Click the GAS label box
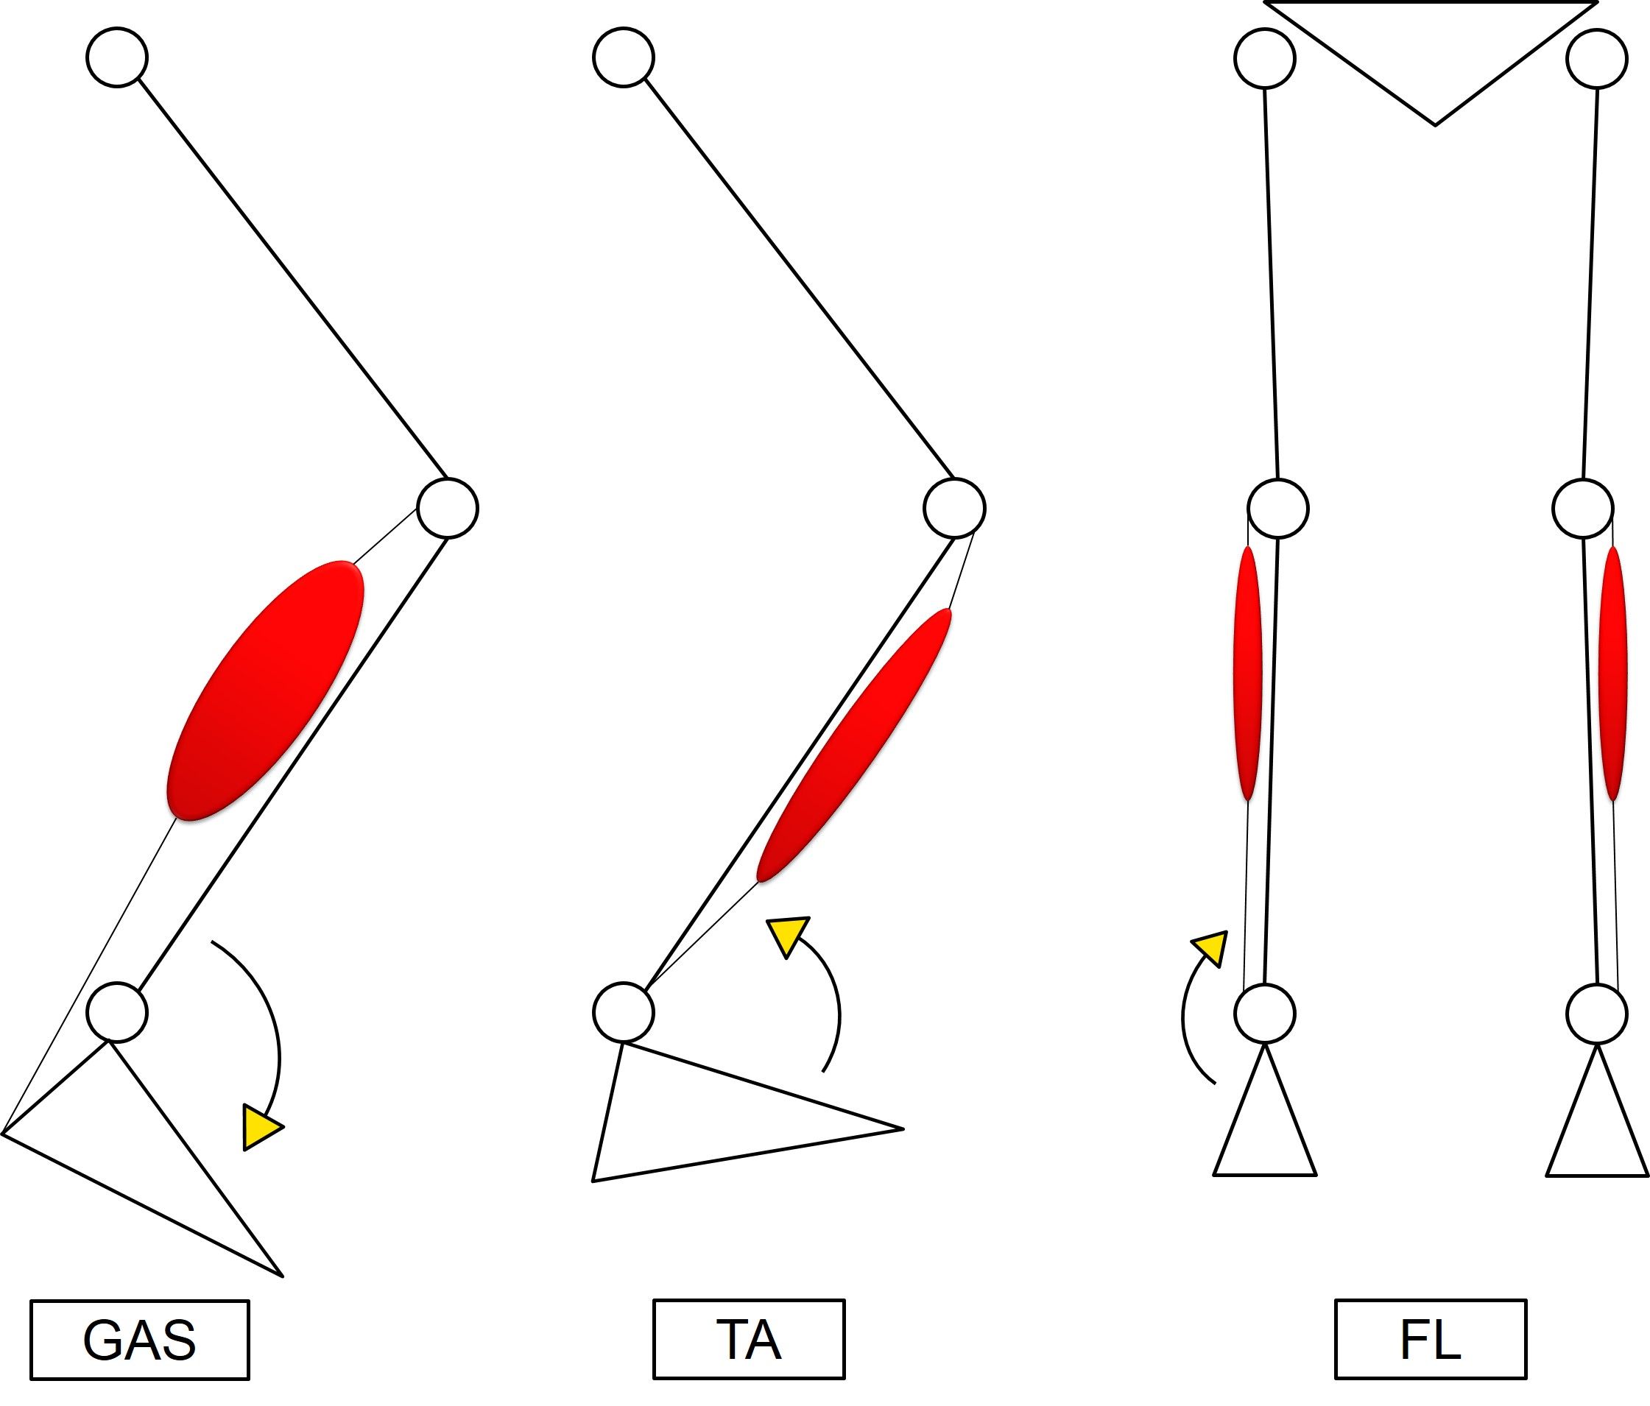click(139, 1340)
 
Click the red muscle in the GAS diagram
click(265, 691)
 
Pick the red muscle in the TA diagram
click(853, 746)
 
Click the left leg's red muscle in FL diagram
click(1247, 673)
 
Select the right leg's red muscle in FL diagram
click(1612, 673)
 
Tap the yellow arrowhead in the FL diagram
click(1210, 948)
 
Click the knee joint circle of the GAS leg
click(448, 508)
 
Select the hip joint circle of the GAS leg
click(117, 57)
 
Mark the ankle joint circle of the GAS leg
click(117, 1012)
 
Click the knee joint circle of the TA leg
click(954, 508)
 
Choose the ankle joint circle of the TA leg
click(624, 1012)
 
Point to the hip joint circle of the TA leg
click(624, 57)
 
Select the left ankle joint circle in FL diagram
click(1265, 1014)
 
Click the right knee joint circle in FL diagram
click(1583, 508)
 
